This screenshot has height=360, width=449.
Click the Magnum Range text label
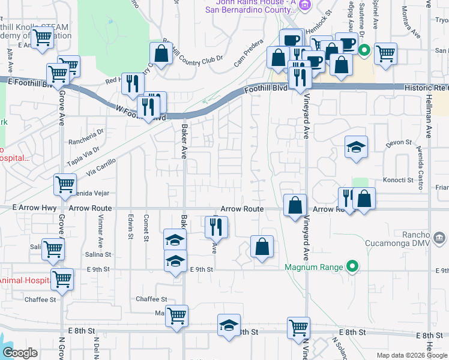pos(314,267)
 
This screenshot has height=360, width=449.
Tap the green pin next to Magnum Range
pos(354,267)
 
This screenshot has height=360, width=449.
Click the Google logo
pos(20,353)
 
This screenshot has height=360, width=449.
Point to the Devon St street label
pos(398,143)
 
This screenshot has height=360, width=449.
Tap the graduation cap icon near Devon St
pos(356,147)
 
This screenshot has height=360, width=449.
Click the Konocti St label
pos(398,179)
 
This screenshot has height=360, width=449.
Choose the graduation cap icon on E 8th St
pos(229,325)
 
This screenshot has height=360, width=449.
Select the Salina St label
pos(99,254)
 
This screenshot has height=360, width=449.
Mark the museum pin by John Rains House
pos(304,5)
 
